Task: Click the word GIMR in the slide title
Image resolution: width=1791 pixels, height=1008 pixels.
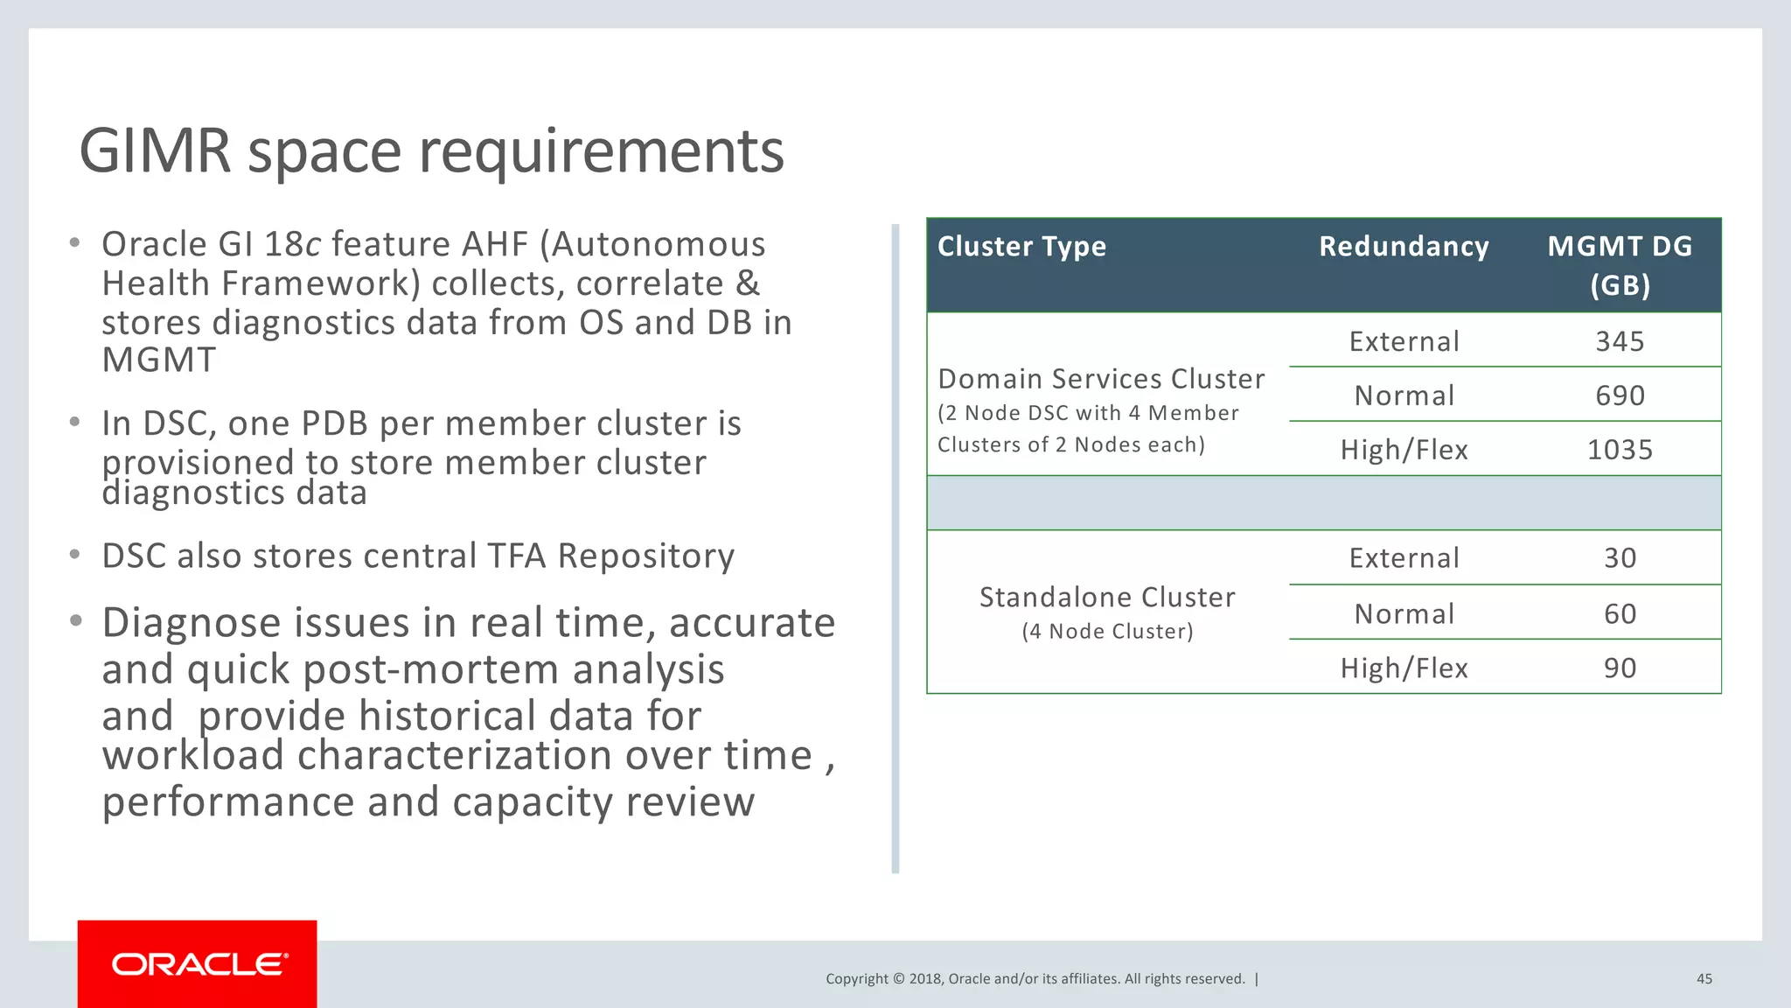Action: coord(155,150)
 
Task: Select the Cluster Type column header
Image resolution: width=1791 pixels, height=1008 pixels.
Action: coord(1021,247)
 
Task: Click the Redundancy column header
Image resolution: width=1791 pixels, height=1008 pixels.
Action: coord(1404,247)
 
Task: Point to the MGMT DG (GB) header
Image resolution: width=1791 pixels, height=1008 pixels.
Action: coord(1620,265)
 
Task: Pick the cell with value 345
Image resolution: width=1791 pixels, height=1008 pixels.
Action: coord(1620,341)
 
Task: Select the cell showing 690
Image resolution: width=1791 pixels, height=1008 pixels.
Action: coord(1620,395)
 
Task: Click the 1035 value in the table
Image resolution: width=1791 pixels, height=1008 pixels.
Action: coord(1620,450)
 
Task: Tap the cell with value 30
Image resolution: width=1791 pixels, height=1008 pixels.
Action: coord(1620,558)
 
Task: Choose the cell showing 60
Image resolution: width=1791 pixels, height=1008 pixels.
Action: coord(1620,613)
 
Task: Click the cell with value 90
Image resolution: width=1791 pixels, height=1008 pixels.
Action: coord(1620,668)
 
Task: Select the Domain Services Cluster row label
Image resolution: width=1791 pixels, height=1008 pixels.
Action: coord(1101,379)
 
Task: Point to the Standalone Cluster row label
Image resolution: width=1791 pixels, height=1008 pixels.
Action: coord(1107,598)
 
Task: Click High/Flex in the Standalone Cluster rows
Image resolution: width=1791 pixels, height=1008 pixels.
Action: coord(1404,668)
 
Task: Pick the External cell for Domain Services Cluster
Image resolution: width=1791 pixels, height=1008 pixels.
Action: coord(1404,341)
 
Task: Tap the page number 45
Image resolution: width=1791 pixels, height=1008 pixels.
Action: coord(1704,979)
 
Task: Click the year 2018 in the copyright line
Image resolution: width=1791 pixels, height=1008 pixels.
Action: coord(925,979)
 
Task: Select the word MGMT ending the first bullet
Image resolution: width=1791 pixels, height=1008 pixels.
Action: coord(158,360)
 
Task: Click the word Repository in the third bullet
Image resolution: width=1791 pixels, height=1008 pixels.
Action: coord(646,556)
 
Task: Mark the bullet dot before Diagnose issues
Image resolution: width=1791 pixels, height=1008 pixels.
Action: coord(76,621)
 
